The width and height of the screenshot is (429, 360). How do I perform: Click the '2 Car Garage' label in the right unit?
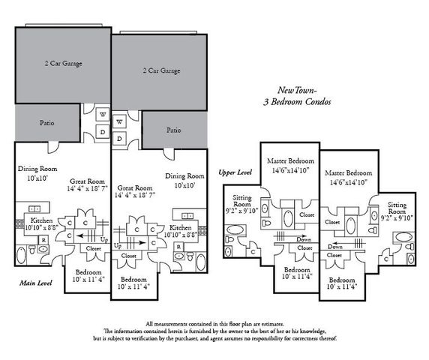(x=160, y=70)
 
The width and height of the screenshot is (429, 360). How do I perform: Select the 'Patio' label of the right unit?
(x=173, y=130)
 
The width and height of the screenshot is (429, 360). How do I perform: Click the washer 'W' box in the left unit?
(x=103, y=115)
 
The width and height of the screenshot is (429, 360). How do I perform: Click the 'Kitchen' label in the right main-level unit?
(x=181, y=227)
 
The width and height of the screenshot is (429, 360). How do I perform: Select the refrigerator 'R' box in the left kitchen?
(x=44, y=240)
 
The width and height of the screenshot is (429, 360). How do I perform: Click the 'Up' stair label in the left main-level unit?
(x=103, y=238)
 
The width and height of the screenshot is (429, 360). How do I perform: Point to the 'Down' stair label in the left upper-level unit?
(x=303, y=239)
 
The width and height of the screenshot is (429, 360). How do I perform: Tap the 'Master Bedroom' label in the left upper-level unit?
(x=290, y=161)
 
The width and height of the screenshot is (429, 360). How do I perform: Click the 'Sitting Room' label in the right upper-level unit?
(x=397, y=208)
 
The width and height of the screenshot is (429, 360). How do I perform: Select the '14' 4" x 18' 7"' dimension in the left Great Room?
(x=88, y=190)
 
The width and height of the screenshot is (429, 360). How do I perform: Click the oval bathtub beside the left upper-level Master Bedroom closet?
(x=288, y=220)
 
